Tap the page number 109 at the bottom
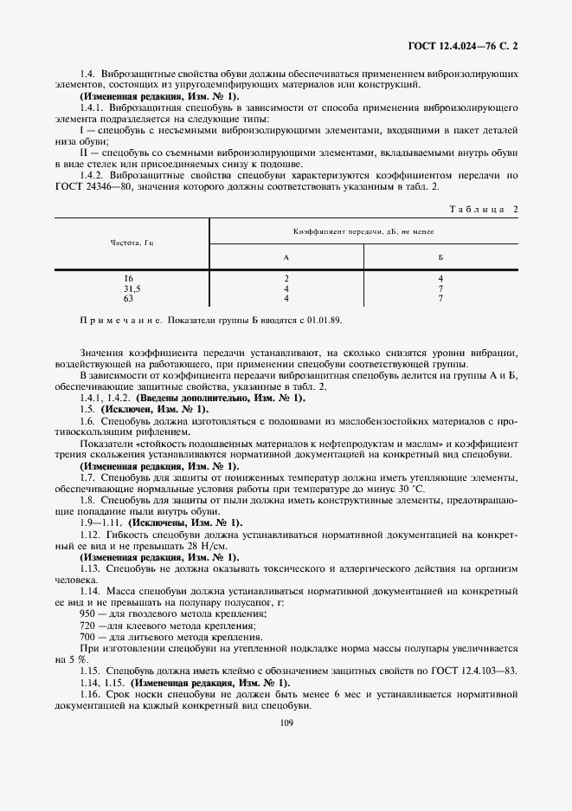(286, 723)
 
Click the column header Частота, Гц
(132, 244)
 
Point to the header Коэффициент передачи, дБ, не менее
(363, 232)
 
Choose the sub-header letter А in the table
(286, 257)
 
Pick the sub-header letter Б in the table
(440, 257)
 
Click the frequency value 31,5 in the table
(132, 288)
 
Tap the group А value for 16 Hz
(286, 278)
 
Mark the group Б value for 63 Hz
(440, 297)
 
